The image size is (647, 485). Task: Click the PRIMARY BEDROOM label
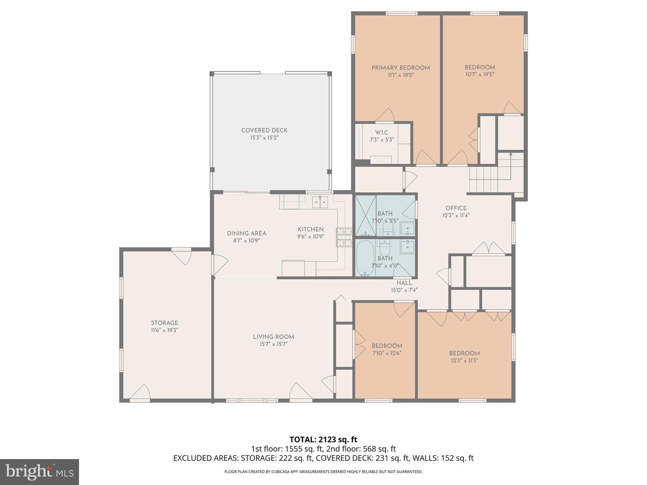pos(400,68)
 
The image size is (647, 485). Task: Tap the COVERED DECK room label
pos(264,130)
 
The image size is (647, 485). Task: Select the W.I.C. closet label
pos(382,132)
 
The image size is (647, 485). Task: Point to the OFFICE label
pos(456,208)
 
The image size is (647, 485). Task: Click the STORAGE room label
pos(164,323)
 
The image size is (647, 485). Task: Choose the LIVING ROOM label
pos(273,337)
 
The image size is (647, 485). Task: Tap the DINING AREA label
pos(246,233)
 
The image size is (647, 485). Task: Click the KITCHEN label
pos(310,229)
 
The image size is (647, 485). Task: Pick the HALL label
pos(404,283)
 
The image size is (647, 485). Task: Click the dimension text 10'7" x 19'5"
pos(479,75)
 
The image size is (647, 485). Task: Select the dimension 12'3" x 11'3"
pos(464,360)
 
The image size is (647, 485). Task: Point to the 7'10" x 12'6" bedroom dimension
pos(386,353)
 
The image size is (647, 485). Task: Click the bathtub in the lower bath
pos(364,259)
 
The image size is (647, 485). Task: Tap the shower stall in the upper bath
pos(365,216)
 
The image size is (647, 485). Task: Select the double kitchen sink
pos(320,203)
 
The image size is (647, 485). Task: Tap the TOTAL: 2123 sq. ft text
pos(323,439)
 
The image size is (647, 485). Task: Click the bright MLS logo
pos(40,472)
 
